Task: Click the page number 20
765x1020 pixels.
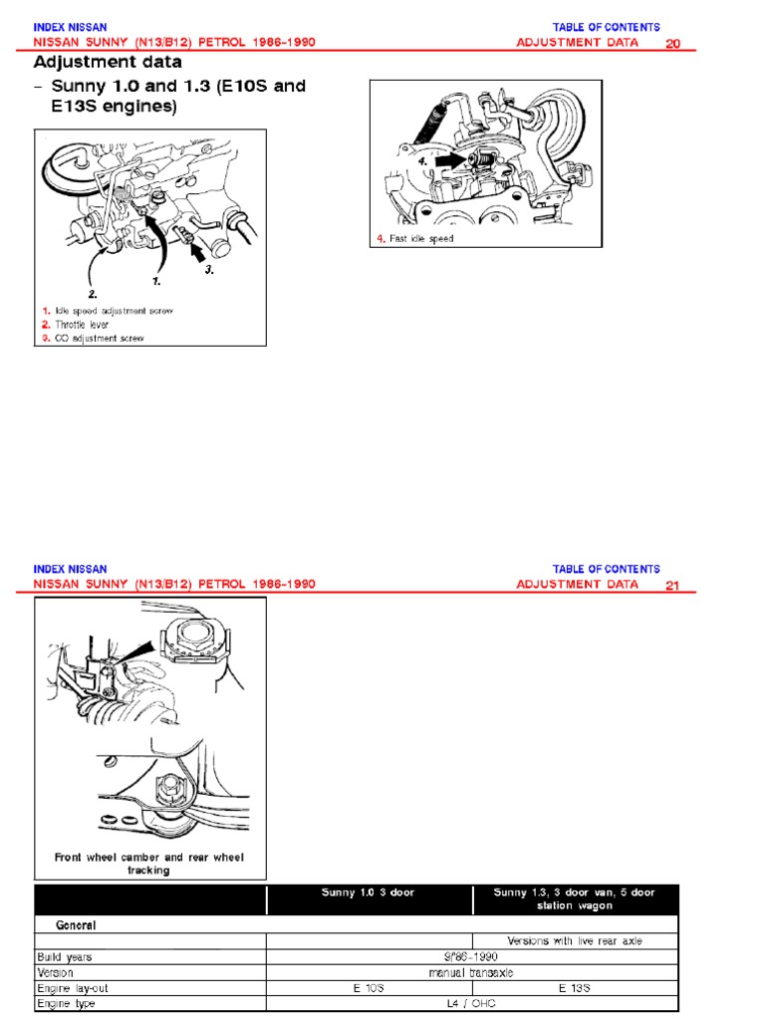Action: pyautogui.click(x=672, y=44)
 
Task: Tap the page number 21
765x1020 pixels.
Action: pyautogui.click(x=672, y=586)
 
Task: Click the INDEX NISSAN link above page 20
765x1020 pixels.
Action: pyautogui.click(x=70, y=27)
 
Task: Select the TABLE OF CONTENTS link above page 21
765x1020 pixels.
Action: pyautogui.click(x=606, y=569)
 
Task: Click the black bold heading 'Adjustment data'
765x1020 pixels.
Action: pyautogui.click(x=108, y=62)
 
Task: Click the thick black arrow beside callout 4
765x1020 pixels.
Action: pyautogui.click(x=449, y=159)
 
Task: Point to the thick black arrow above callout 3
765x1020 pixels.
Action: pyautogui.click(x=195, y=250)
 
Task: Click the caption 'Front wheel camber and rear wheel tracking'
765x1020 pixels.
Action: pyautogui.click(x=149, y=864)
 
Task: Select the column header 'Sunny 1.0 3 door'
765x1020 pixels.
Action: pyautogui.click(x=368, y=892)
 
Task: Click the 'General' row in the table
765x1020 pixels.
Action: pyautogui.click(x=76, y=925)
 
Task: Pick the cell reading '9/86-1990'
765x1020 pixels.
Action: pyautogui.click(x=471, y=957)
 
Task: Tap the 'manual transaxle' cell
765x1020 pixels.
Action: pyautogui.click(x=471, y=972)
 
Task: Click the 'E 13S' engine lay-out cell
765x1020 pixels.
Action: pyautogui.click(x=575, y=988)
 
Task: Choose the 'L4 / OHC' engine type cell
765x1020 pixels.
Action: pyautogui.click(x=471, y=1004)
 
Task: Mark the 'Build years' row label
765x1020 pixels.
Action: pyautogui.click(x=65, y=957)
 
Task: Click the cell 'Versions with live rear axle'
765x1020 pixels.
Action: pyautogui.click(x=575, y=940)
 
